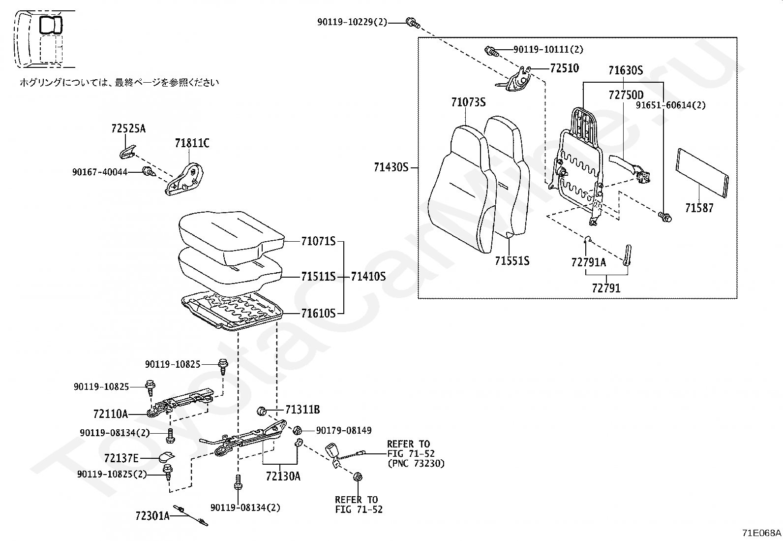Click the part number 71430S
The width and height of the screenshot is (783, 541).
click(391, 168)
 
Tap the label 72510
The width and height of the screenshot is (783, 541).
click(565, 68)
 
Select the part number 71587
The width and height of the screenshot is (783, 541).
click(699, 208)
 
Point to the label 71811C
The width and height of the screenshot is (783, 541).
click(192, 143)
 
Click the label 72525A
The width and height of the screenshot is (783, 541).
click(129, 129)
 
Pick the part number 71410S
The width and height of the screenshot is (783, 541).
click(368, 277)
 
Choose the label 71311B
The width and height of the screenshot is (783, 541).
click(302, 410)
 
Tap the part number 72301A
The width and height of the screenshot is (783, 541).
click(152, 516)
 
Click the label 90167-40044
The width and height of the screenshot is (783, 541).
click(100, 172)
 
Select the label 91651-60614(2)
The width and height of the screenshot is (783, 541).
click(671, 105)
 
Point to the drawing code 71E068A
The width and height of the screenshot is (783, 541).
click(761, 533)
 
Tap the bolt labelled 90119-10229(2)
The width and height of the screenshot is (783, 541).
click(413, 23)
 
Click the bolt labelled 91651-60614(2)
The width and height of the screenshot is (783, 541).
click(664, 217)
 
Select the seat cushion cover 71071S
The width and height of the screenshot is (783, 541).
click(231, 238)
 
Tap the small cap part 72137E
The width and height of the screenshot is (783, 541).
click(167, 456)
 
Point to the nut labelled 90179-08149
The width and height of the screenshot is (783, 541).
click(298, 430)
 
